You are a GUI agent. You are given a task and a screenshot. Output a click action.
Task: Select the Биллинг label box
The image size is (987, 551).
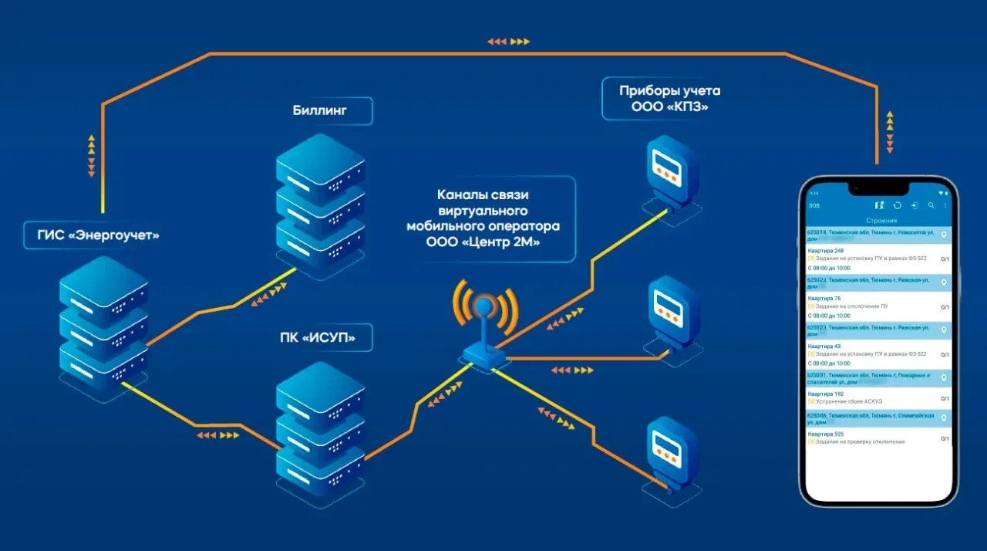pos(319,110)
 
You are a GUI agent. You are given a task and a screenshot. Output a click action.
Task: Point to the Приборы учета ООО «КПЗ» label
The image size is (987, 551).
pos(669,99)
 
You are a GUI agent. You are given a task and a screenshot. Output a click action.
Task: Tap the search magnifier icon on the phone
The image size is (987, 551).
pos(931,206)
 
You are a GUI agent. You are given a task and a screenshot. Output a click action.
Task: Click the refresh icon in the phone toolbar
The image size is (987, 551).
pos(897,206)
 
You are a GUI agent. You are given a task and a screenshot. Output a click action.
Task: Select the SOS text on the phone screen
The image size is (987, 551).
pos(814,206)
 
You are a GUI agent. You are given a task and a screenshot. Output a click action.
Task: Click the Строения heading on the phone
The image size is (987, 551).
pos(878,221)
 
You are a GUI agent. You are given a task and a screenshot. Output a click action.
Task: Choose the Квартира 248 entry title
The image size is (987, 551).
pos(825,251)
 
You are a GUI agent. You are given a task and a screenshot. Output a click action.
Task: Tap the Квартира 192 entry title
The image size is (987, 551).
pos(825,394)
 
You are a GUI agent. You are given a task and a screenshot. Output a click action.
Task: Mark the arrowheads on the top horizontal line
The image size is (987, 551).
pos(509,42)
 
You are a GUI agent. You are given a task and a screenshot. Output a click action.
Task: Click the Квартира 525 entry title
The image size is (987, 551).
pos(825,434)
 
